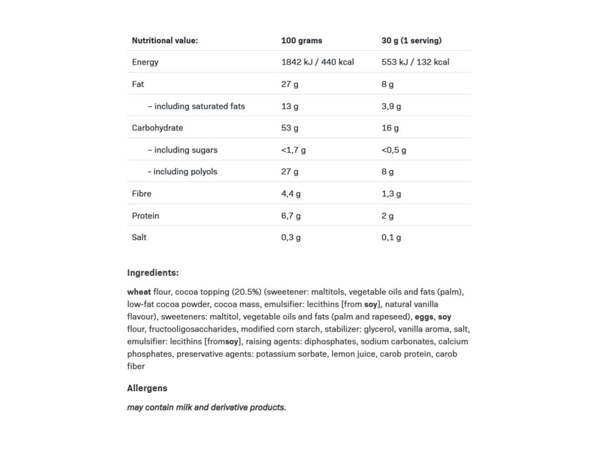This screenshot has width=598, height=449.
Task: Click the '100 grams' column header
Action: pos(301,40)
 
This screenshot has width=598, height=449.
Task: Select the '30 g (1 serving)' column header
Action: pos(411,40)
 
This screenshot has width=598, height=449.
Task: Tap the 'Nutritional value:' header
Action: pos(165,40)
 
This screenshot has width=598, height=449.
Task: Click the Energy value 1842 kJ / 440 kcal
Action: pos(317,62)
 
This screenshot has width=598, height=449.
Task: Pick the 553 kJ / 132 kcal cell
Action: pos(415,62)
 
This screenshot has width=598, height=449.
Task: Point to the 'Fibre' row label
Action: pos(142,194)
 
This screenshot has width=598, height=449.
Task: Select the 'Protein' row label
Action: pos(145,216)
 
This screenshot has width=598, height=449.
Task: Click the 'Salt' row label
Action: pos(139,237)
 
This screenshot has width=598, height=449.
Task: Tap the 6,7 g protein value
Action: pos(291,216)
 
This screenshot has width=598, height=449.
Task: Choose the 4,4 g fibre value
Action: pos(291,194)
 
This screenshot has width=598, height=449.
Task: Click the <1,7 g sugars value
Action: pos(293,150)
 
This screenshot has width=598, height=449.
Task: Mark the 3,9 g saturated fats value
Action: pos(391,106)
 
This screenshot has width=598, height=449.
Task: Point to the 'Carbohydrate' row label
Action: pos(157,127)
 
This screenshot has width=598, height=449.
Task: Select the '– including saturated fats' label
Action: pos(196,106)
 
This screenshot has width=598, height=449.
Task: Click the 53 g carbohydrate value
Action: pos(290,127)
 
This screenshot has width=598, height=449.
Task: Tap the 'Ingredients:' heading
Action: pos(152,272)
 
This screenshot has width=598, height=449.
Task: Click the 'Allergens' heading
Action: pos(147,388)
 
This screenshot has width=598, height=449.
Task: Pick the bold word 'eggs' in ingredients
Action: pos(425,316)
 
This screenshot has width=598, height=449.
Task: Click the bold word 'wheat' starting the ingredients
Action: pos(139,291)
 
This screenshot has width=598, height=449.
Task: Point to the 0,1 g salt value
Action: pos(391,237)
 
